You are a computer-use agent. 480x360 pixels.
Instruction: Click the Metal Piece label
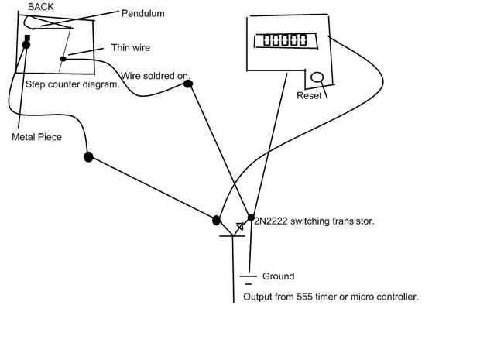click(x=36, y=137)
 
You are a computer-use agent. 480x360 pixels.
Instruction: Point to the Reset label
click(x=310, y=96)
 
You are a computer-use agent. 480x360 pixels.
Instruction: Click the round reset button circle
click(x=317, y=77)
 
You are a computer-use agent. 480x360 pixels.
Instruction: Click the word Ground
click(x=278, y=276)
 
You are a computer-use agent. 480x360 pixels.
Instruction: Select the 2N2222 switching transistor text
click(x=314, y=221)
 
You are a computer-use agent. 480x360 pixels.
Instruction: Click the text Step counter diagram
click(x=72, y=84)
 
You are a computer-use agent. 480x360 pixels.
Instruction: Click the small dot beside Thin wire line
click(x=63, y=58)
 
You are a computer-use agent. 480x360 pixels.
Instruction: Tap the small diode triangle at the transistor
click(x=240, y=226)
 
